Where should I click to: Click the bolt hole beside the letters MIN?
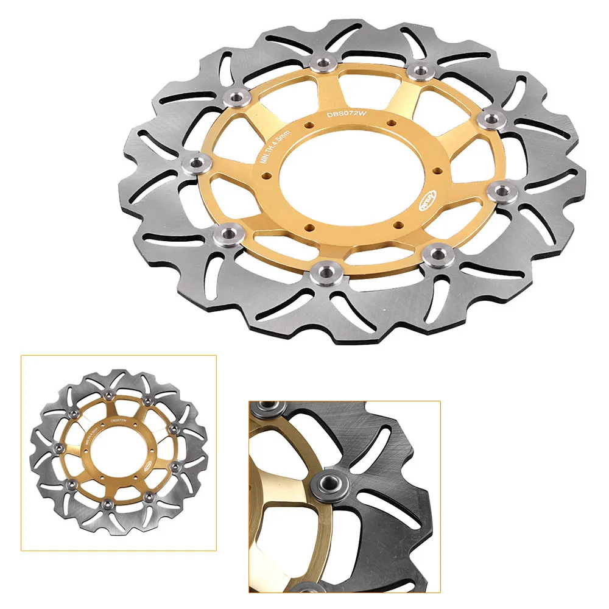pyautogui.click(x=266, y=177)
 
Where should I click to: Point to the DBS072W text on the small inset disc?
pyautogui.click(x=119, y=420)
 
